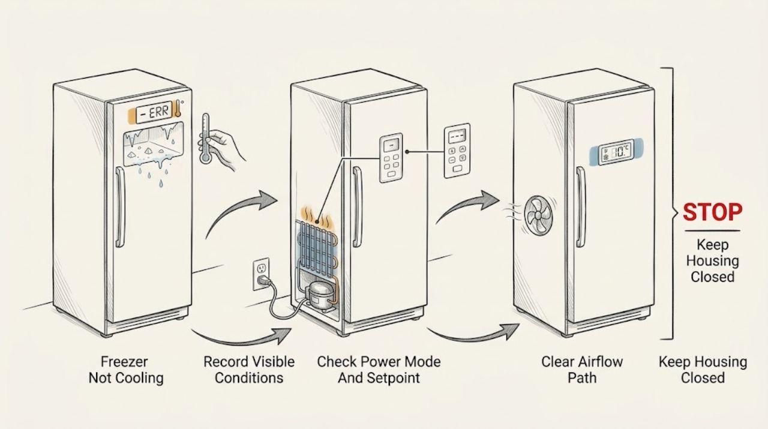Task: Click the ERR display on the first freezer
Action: (154, 112)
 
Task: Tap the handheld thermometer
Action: (205, 139)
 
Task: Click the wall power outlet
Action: (261, 274)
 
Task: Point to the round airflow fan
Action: (538, 215)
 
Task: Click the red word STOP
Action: (712, 212)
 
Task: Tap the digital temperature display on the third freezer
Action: (616, 151)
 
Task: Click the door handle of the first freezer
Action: (119, 207)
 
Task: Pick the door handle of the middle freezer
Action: (357, 207)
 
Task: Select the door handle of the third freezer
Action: (580, 207)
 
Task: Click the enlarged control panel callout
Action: (457, 151)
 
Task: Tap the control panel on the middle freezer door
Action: (391, 158)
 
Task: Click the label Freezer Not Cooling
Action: (126, 370)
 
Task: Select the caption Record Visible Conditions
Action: (249, 370)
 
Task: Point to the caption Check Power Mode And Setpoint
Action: (379, 370)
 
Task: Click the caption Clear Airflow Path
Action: (582, 370)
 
